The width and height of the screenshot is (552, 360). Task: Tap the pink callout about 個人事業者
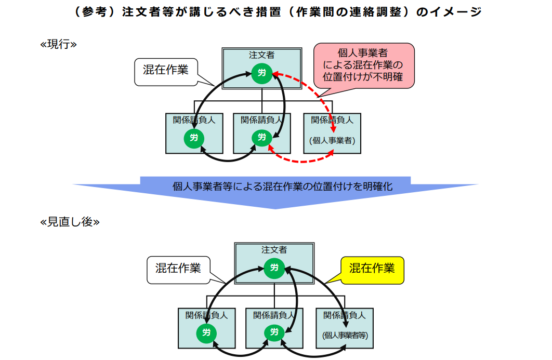363,65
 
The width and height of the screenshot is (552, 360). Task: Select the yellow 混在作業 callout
372,269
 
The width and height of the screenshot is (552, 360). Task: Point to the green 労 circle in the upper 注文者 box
261,73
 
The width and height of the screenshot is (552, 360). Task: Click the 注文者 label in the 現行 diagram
261,55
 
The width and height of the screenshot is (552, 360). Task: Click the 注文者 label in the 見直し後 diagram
274,250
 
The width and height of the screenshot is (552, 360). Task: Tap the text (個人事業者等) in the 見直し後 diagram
345,336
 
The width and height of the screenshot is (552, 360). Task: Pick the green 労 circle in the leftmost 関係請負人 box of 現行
194,138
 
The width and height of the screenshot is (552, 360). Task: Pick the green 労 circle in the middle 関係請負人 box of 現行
261,137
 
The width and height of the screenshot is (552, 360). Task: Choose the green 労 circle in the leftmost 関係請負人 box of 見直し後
206,333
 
